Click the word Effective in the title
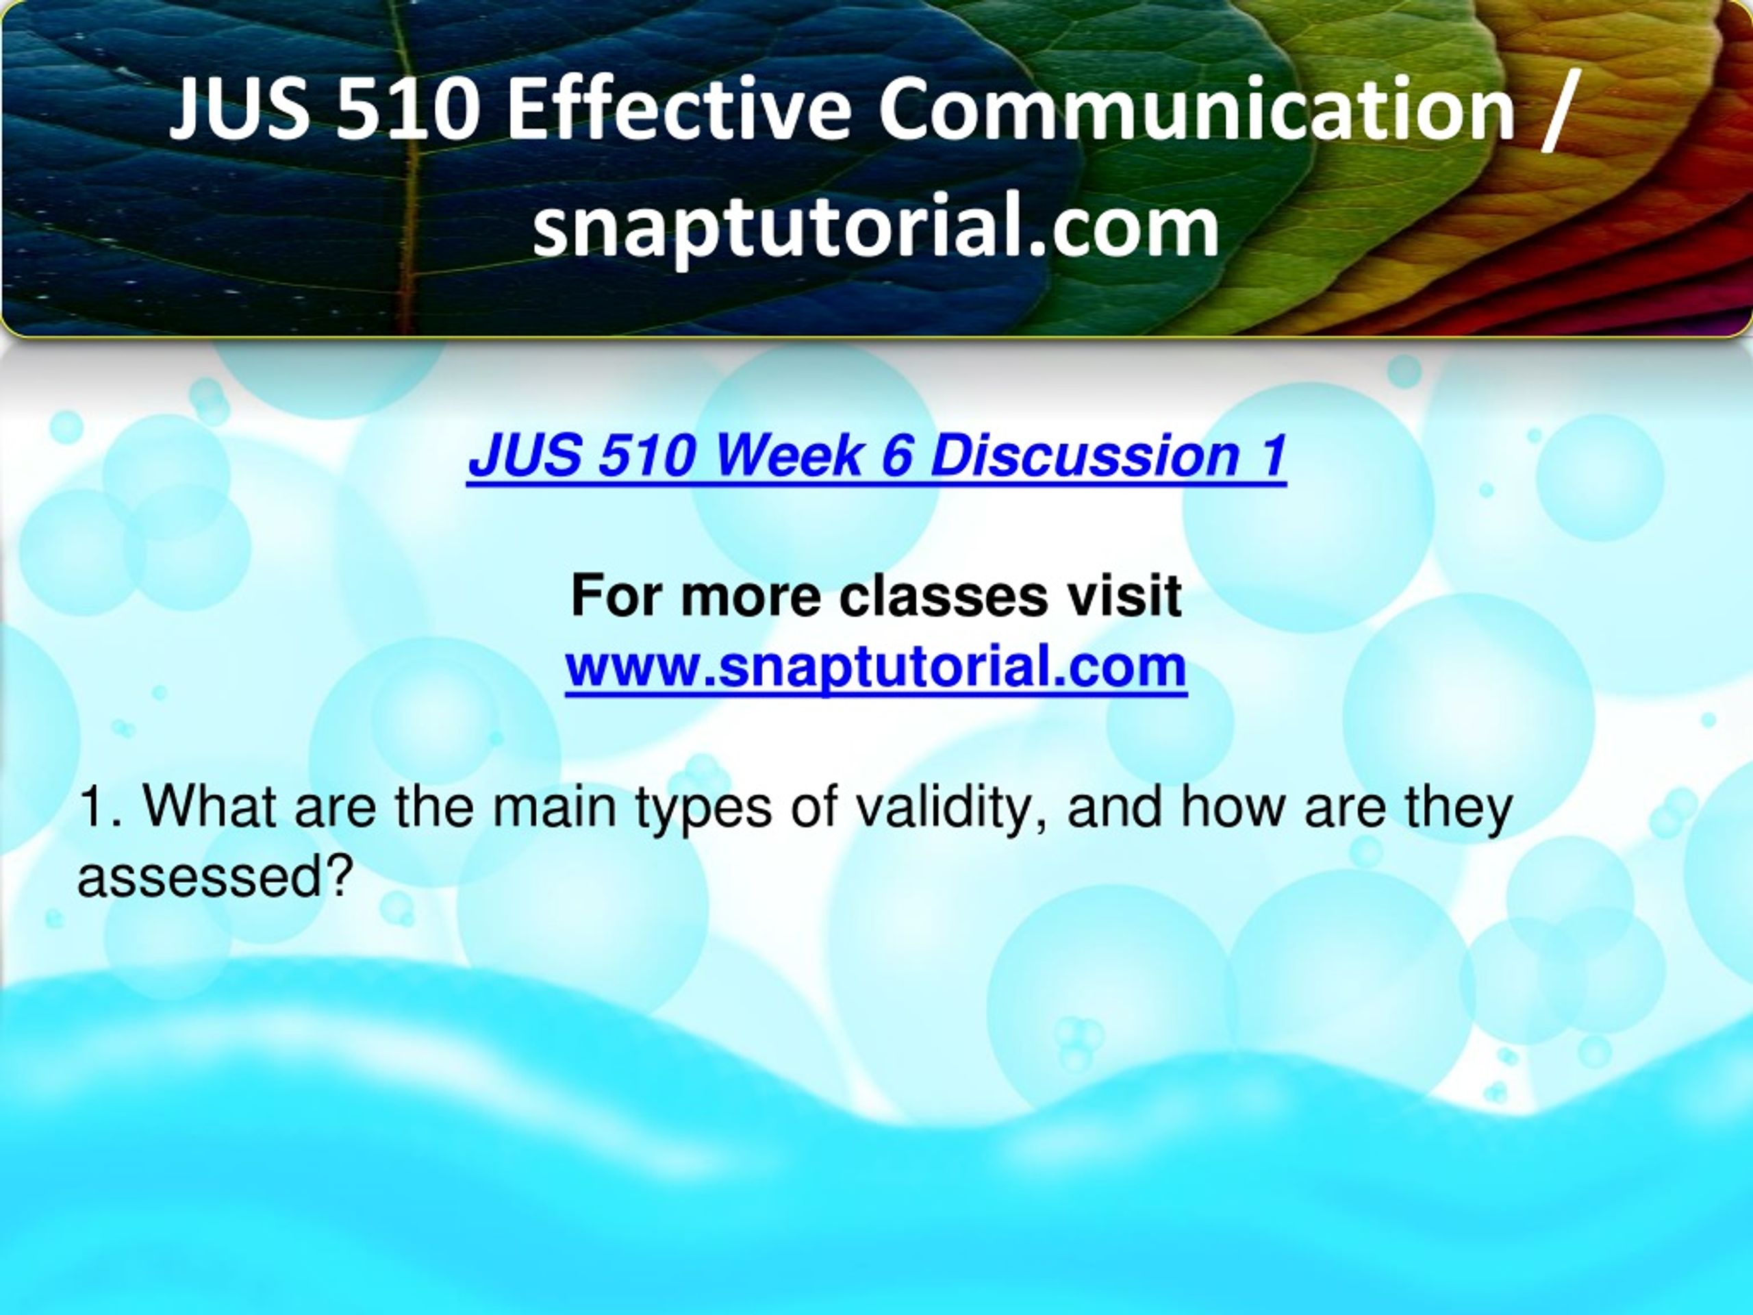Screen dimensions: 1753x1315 click(680, 110)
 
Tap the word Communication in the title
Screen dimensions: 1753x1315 click(1197, 110)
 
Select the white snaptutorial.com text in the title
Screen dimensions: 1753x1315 click(876, 228)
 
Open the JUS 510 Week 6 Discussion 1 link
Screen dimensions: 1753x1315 click(876, 458)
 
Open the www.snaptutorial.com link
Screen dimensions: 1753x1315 click(876, 666)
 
